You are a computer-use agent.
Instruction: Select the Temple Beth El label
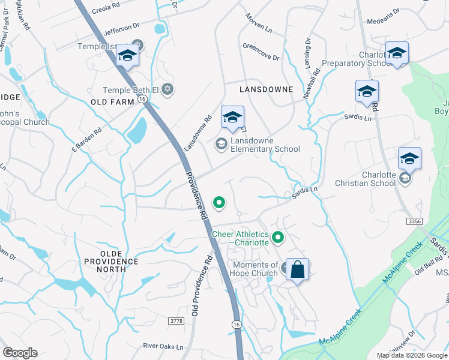point(131,90)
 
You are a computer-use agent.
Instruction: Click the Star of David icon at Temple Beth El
point(167,89)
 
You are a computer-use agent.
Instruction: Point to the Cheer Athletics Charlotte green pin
point(277,238)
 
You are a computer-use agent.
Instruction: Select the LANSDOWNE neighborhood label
point(266,89)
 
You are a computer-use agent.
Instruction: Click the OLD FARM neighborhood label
point(112,102)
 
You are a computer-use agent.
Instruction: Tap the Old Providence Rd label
point(201,286)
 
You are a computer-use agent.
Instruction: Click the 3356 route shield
point(414,221)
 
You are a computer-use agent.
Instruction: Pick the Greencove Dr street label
point(261,54)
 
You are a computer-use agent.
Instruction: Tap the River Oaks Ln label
point(163,346)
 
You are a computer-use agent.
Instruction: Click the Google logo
point(20,353)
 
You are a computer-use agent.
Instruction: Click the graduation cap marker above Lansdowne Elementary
point(232,117)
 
